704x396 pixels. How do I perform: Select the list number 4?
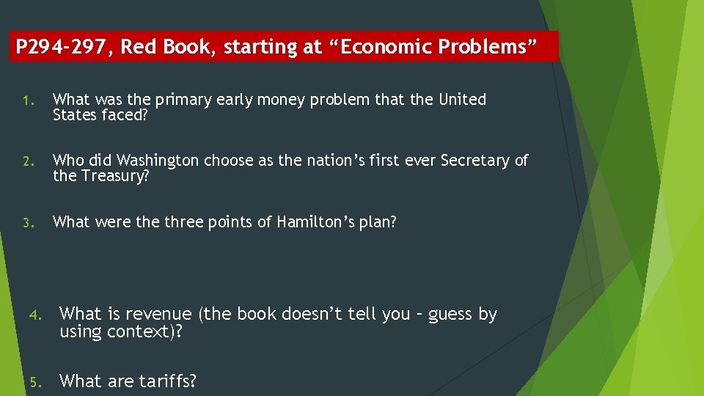(34, 315)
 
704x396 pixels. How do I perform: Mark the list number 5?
(34, 381)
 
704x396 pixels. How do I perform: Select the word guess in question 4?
(452, 315)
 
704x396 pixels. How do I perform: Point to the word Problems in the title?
(490, 47)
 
